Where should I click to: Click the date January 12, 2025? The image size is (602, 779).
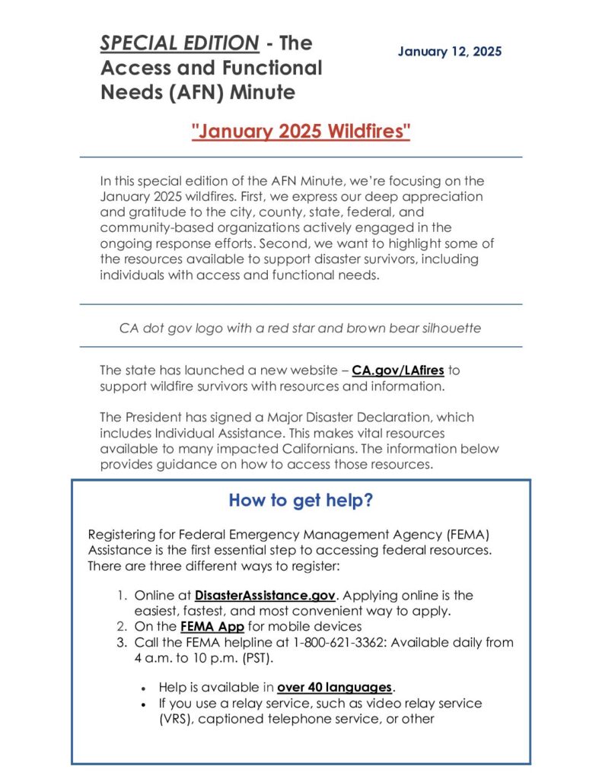pos(450,52)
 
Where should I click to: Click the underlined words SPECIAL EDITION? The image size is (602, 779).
pos(180,43)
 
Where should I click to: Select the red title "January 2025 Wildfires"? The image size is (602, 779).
pos(301,131)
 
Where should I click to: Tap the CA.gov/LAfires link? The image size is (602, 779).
pos(398,370)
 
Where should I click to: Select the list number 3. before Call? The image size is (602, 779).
pos(122,642)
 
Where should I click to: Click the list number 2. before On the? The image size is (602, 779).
pos(122,627)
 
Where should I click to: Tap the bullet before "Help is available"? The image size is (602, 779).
pos(144,688)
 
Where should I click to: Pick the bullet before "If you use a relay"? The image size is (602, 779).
pos(144,704)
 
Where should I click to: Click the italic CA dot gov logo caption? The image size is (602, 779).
pos(301,329)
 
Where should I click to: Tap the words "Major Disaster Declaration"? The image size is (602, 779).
pos(333,417)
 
